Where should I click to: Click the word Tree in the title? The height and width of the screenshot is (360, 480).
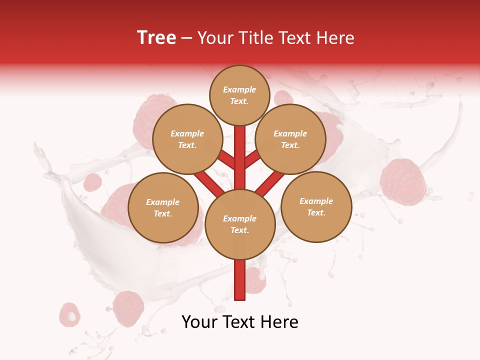pyautogui.click(x=156, y=38)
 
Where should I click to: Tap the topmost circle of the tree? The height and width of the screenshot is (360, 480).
pyautogui.click(x=239, y=95)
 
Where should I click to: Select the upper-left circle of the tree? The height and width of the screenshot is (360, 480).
pyautogui.click(x=187, y=139)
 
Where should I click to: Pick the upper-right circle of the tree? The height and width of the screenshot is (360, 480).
pyautogui.click(x=290, y=139)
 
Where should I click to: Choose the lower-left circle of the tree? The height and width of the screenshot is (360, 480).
pyautogui.click(x=162, y=207)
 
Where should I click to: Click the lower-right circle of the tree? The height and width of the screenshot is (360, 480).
pyautogui.click(x=316, y=206)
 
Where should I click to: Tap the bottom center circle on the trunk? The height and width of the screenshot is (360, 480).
pyautogui.click(x=240, y=224)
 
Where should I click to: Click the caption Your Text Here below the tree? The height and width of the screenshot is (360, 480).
pyautogui.click(x=240, y=322)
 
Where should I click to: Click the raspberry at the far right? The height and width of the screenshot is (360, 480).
pyautogui.click(x=403, y=181)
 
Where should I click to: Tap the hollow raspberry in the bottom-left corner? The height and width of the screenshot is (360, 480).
pyautogui.click(x=70, y=314)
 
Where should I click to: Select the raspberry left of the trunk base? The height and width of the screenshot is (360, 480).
pyautogui.click(x=128, y=308)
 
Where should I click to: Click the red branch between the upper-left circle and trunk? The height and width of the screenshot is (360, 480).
pyautogui.click(x=226, y=160)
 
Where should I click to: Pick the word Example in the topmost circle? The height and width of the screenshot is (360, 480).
pyautogui.click(x=239, y=89)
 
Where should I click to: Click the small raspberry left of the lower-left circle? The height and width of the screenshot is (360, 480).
pyautogui.click(x=92, y=182)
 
